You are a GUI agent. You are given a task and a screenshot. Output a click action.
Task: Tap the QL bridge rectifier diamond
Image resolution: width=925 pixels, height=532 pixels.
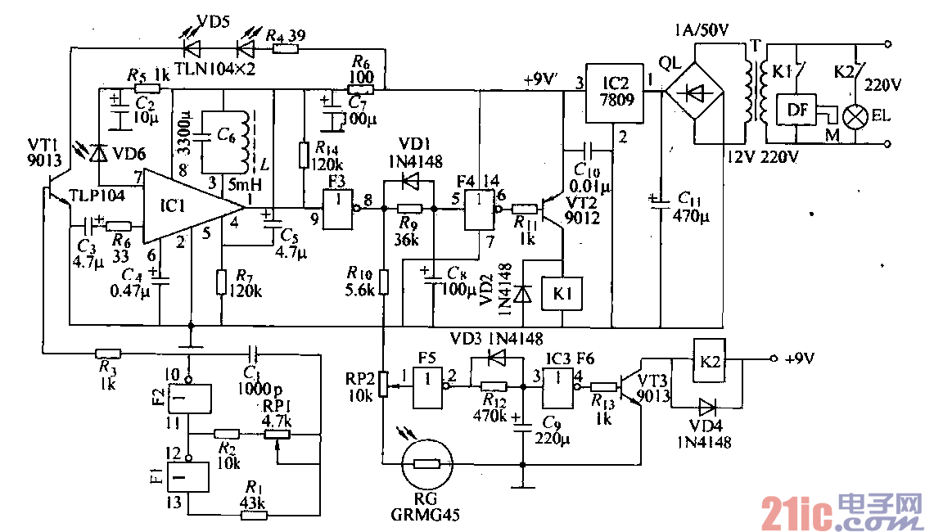coord(695,92)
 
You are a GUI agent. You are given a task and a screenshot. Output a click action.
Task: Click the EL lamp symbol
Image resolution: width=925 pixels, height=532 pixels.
coord(856,115)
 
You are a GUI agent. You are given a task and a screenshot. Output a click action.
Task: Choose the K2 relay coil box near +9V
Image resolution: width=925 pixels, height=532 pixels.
coord(709,359)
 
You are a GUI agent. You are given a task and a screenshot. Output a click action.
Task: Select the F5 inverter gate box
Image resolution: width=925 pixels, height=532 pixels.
coord(428,387)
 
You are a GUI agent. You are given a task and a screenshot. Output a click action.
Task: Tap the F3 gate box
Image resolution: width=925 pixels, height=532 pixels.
coord(336,210)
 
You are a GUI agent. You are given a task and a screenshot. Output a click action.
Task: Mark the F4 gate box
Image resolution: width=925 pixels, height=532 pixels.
coord(480,210)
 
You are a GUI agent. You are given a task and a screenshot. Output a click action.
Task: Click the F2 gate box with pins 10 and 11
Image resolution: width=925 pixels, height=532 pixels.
coord(187,399)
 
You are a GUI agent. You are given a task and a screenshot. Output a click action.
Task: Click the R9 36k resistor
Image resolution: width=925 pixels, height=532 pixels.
coord(408,210)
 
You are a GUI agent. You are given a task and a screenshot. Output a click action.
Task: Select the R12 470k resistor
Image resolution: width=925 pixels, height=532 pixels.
coord(494,387)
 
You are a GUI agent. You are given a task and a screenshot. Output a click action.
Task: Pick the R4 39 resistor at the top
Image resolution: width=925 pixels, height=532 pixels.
coord(286,49)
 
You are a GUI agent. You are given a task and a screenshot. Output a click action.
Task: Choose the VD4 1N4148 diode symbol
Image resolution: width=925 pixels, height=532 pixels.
coord(706,405)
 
